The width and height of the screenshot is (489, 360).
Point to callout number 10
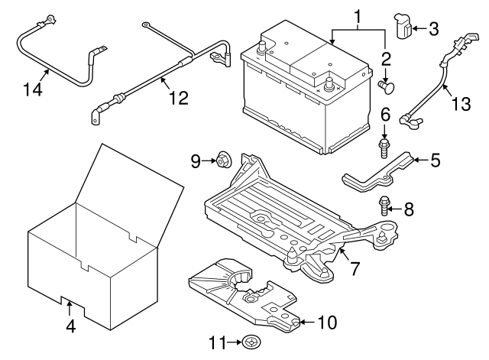click(x=325, y=323)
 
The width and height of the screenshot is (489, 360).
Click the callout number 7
click(x=354, y=269)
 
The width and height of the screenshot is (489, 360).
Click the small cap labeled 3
click(x=404, y=28)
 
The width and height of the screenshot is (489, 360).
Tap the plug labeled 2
click(x=387, y=87)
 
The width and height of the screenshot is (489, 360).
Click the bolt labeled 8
click(x=384, y=204)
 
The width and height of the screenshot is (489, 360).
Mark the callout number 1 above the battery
click(x=357, y=15)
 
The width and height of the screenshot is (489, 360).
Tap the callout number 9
click(x=196, y=161)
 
